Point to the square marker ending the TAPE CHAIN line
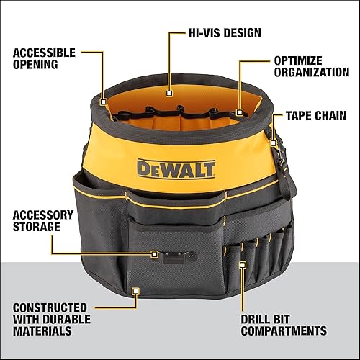point(274,143)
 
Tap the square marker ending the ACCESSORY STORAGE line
point(154,254)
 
